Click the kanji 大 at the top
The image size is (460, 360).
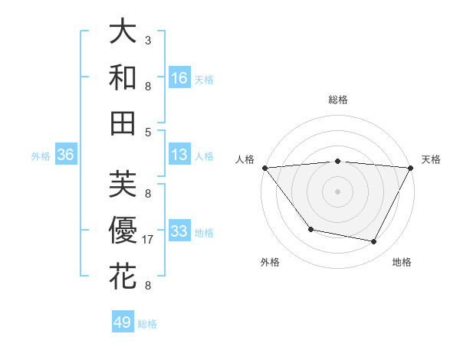tap(123, 31)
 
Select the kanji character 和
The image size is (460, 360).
tap(123, 77)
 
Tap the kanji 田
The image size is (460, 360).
tap(123, 123)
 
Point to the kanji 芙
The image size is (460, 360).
tap(123, 185)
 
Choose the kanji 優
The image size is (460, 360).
tap(123, 231)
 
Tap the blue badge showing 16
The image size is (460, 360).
tap(179, 77)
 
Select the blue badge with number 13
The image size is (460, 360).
tap(179, 155)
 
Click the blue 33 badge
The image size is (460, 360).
tap(179, 231)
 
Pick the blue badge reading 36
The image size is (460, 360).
tap(65, 155)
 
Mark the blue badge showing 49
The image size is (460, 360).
tap(123, 322)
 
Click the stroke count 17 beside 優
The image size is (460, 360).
tap(149, 240)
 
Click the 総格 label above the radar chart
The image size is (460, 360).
tap(337, 100)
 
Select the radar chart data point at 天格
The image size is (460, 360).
tap(411, 168)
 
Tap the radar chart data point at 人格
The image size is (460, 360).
tap(264, 168)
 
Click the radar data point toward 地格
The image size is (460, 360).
tap(374, 242)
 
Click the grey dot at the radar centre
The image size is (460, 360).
tap(337, 191)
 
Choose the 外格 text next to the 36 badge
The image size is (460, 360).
tap(41, 155)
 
